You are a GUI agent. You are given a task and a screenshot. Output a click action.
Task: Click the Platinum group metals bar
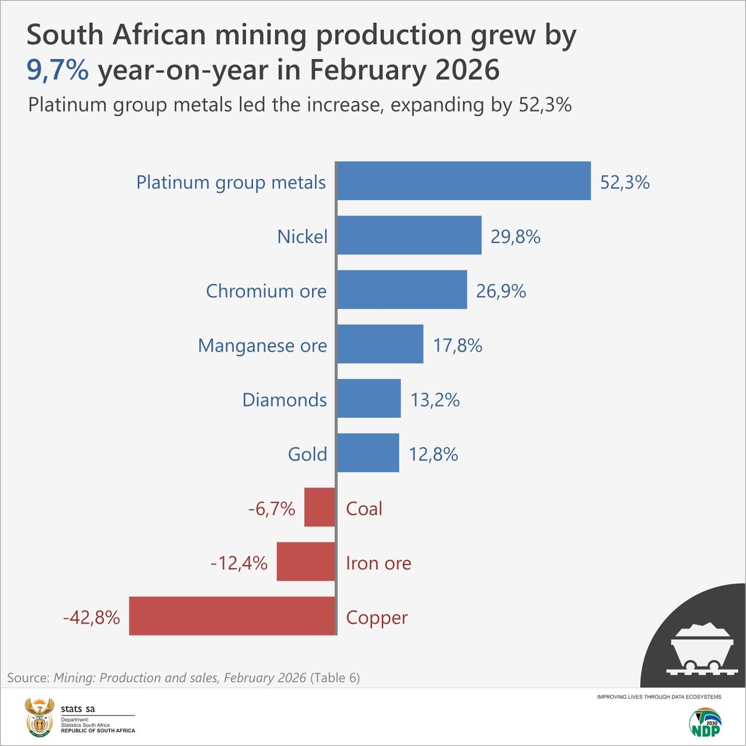464,181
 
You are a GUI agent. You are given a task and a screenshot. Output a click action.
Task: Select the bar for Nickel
409,235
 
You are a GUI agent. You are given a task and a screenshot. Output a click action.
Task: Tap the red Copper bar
232,616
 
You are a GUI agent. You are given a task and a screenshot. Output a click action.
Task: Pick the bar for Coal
320,507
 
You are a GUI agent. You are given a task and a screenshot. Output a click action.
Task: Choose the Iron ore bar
306,561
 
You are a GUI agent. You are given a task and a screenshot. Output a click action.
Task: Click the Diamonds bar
369,398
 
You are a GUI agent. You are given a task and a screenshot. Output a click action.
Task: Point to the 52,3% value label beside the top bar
625,182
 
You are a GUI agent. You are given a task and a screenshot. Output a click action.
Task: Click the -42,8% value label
91,617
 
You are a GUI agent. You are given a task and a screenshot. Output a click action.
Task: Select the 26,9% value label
501,291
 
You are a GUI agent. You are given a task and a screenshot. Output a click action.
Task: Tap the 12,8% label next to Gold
433,454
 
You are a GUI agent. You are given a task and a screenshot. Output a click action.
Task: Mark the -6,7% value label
272,509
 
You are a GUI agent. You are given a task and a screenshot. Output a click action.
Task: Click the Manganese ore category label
262,346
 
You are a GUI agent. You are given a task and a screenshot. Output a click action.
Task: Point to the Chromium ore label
266,291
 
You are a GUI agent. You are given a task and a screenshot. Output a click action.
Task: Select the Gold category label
307,454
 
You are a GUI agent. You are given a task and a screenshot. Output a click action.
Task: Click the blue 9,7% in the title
57,70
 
